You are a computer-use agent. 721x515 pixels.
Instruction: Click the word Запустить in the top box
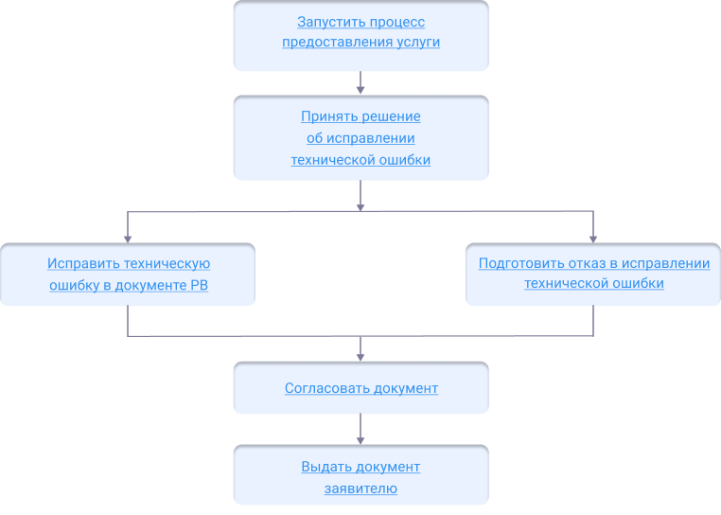327,22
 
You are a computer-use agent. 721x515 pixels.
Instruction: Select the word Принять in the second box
326,116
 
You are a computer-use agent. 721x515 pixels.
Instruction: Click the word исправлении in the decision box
376,138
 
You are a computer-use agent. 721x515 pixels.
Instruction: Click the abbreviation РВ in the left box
198,285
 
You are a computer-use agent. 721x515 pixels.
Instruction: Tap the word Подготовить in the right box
517,264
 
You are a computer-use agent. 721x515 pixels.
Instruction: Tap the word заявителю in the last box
360,488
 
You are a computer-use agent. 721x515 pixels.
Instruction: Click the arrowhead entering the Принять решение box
360,90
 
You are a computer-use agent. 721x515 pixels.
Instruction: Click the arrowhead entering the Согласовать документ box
360,356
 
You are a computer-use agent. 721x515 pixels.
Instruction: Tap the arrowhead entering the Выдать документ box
360,440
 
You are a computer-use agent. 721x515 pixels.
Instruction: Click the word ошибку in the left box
71,285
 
